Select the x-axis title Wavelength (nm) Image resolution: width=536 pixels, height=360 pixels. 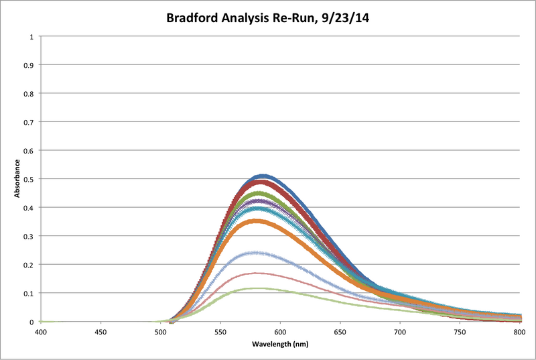[x=279, y=343]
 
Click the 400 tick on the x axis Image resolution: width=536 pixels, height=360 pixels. [x=41, y=331]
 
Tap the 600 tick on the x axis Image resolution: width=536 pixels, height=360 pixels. [x=280, y=331]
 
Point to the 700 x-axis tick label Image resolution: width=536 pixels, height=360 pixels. [x=400, y=331]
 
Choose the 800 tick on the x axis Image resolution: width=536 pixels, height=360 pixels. [x=519, y=331]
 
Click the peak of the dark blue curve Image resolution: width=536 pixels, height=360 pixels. [x=263, y=176]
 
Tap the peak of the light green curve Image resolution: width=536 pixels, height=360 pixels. [x=256, y=288]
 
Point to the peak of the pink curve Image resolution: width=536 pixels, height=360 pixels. [x=256, y=274]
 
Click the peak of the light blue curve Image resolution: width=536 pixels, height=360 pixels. [x=256, y=253]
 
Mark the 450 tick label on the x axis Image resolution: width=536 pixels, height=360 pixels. [x=100, y=331]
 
